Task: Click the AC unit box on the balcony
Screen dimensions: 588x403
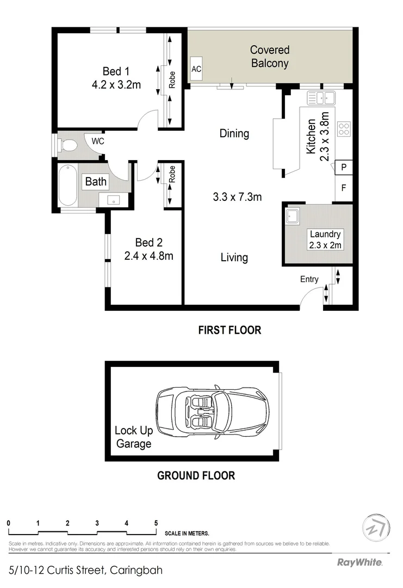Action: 196,69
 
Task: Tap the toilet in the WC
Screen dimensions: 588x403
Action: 68,145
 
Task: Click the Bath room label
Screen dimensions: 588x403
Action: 96,181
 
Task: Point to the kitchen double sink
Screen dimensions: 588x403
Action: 321,98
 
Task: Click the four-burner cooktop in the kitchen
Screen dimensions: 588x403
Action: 344,128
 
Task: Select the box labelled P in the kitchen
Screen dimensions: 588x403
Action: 343,168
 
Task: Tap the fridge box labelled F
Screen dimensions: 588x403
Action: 343,188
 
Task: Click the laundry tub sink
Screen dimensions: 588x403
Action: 293,216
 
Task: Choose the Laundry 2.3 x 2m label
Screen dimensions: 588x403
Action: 325,240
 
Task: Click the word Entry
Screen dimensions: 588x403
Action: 309,279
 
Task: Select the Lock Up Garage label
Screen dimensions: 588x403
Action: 133,437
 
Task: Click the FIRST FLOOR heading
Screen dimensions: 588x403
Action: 230,330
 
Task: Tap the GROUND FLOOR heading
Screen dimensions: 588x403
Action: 196,476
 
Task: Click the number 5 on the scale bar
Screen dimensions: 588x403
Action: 156,523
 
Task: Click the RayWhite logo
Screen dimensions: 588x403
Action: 359,562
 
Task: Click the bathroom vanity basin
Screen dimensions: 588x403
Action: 114,199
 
